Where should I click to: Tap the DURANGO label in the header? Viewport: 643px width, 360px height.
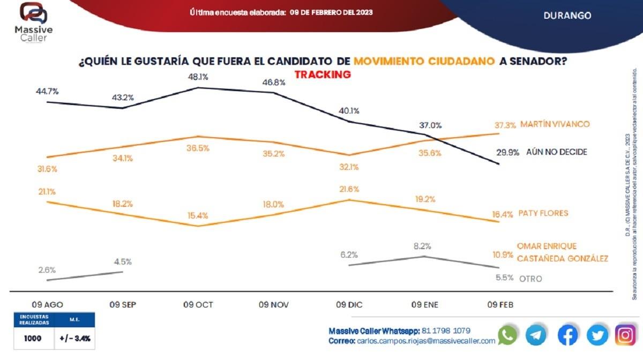pyautogui.click(x=567, y=16)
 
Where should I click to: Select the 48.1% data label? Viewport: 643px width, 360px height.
pyautogui.click(x=198, y=77)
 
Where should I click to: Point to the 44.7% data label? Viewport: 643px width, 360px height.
pyautogui.click(x=48, y=91)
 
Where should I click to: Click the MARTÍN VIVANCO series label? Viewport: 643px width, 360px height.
pyautogui.click(x=554, y=124)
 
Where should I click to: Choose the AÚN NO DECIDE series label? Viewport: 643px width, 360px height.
pyautogui.click(x=556, y=152)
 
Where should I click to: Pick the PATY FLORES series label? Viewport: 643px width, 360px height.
pyautogui.click(x=543, y=213)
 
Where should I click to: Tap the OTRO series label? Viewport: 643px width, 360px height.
pyautogui.click(x=530, y=279)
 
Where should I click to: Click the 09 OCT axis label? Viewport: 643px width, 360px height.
pyautogui.click(x=198, y=305)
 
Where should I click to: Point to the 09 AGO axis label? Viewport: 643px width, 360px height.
pyautogui.click(x=48, y=305)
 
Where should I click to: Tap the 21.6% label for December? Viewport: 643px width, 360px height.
pyautogui.click(x=349, y=190)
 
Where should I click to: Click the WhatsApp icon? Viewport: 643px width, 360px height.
pyautogui.click(x=507, y=335)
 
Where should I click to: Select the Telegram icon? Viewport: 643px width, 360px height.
pyautogui.click(x=536, y=335)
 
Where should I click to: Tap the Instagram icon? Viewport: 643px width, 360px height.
pyautogui.click(x=625, y=335)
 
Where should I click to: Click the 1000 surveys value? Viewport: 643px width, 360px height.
pyautogui.click(x=33, y=339)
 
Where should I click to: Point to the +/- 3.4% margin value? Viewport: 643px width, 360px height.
pyautogui.click(x=75, y=339)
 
